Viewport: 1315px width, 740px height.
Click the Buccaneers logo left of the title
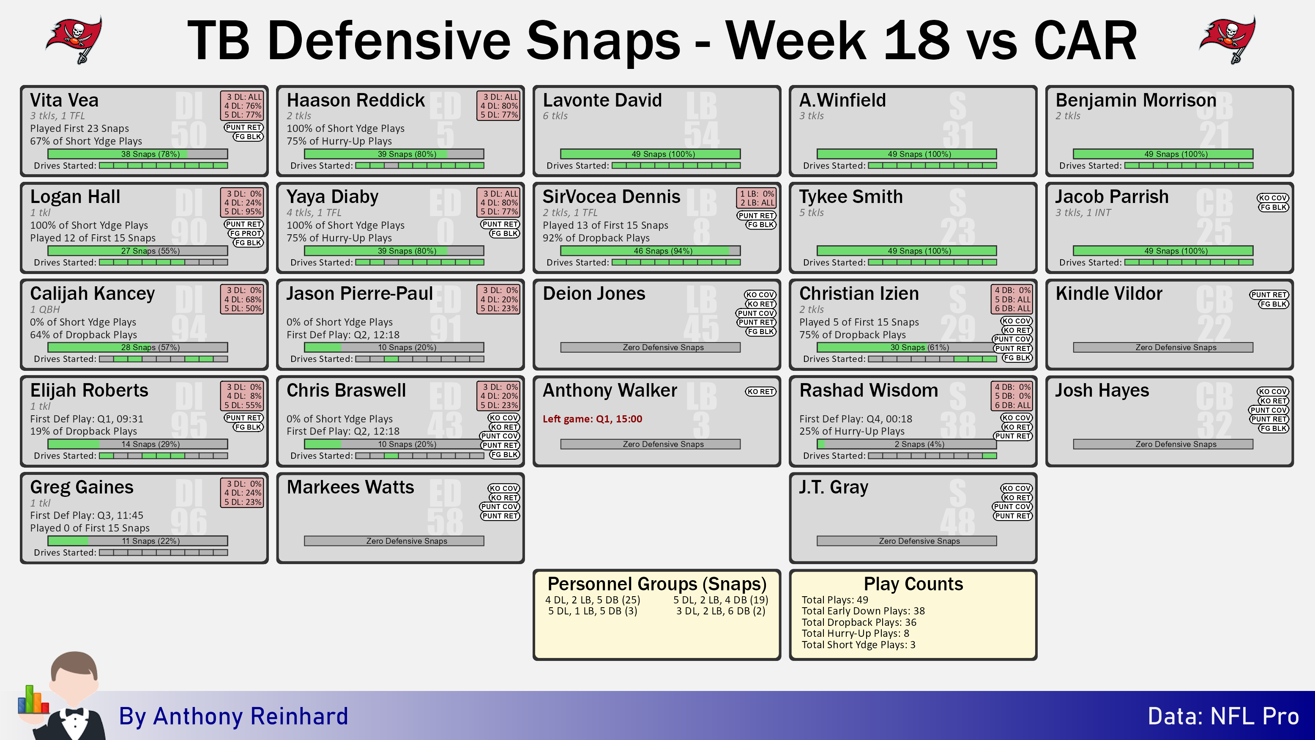pos(74,40)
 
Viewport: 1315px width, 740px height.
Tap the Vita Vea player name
pos(64,100)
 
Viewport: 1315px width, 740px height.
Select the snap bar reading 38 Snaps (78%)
pos(138,154)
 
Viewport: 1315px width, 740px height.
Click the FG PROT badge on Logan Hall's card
pos(246,233)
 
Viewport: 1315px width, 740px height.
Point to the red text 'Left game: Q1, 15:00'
pos(592,419)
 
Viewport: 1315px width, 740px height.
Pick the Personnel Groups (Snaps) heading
pos(657,584)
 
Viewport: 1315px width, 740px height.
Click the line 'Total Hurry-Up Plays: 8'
pos(856,633)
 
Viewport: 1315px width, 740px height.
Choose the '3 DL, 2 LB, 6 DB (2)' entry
pos(721,611)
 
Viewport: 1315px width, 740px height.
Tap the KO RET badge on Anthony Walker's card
pos(760,392)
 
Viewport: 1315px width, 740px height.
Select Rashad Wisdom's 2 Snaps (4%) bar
pos(907,444)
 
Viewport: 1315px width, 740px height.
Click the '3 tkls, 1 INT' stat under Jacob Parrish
pos(1083,212)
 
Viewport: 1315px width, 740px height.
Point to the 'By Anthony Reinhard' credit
pos(233,716)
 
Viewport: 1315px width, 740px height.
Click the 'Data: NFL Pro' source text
pos(1223,716)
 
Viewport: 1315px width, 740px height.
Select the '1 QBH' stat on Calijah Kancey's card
pos(45,309)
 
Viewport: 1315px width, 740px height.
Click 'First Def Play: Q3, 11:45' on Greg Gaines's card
pos(87,515)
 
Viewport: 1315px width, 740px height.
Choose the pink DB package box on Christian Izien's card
pos(1012,299)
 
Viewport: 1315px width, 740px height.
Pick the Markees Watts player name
pos(350,487)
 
